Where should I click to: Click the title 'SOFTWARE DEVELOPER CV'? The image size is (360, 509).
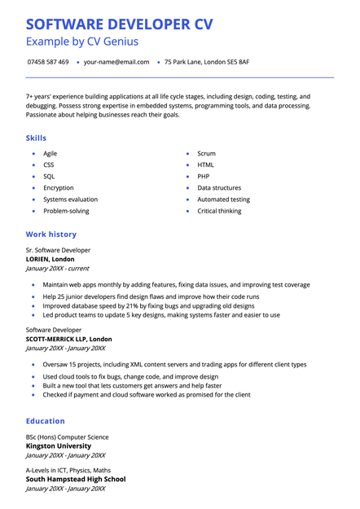[119, 24]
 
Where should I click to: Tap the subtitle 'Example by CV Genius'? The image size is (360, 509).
[82, 42]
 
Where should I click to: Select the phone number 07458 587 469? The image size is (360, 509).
[48, 62]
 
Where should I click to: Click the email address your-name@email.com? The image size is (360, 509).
[116, 62]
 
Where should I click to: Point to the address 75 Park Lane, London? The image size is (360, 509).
[207, 62]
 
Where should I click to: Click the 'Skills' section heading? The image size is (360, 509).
[37, 138]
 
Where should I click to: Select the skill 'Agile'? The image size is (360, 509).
[50, 153]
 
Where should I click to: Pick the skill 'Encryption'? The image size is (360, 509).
[59, 187]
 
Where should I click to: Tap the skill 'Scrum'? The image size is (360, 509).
[206, 153]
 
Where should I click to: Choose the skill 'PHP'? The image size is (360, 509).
[204, 176]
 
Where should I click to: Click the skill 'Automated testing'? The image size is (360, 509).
[223, 199]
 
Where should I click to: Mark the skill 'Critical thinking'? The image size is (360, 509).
[219, 211]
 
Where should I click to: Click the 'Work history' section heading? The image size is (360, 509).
[51, 235]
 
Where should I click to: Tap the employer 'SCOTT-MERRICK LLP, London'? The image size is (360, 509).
[69, 339]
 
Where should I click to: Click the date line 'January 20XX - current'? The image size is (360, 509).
[58, 268]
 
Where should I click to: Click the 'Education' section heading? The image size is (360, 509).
[46, 421]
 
